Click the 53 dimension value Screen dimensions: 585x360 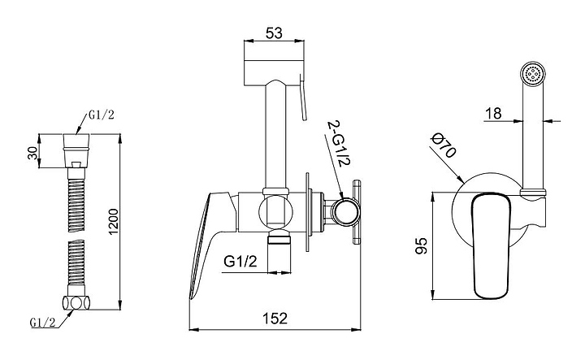pyautogui.click(x=274, y=33)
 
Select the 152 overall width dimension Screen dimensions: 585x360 pyautogui.click(x=275, y=319)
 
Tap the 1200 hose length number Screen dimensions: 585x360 pyautogui.click(x=113, y=222)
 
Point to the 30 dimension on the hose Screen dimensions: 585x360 pyautogui.click(x=33, y=153)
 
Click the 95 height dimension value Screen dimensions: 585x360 pyautogui.click(x=421, y=246)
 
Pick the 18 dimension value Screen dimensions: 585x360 pyautogui.click(x=494, y=114)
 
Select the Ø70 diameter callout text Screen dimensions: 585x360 pyautogui.click(x=444, y=146)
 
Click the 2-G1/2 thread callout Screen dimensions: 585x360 pyautogui.click(x=339, y=144)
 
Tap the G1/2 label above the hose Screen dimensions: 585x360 pyautogui.click(x=101, y=115)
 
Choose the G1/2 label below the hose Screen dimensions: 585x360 pyautogui.click(x=43, y=323)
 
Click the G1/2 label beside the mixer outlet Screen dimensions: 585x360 pyautogui.click(x=240, y=262)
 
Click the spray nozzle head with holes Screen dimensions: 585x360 pyautogui.click(x=533, y=73)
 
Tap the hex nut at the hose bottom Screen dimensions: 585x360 pyautogui.click(x=76, y=302)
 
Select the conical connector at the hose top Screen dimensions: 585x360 pyautogui.click(x=76, y=150)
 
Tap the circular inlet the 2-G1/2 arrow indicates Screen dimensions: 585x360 pyautogui.click(x=346, y=213)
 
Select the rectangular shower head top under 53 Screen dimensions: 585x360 pyautogui.click(x=275, y=72)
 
